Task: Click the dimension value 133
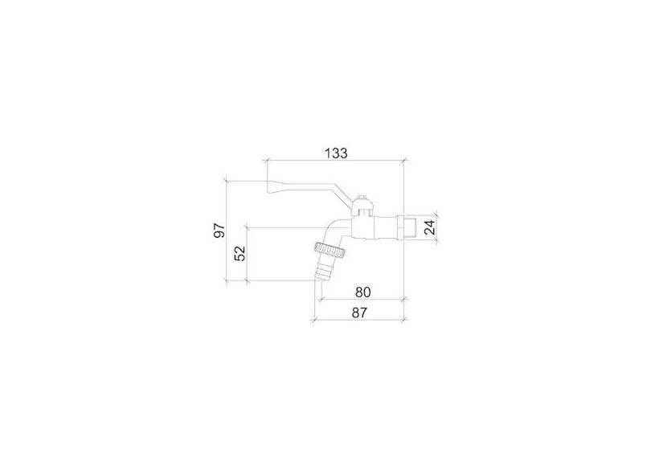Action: [336, 153]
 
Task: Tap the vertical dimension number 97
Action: [219, 231]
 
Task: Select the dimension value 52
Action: [240, 253]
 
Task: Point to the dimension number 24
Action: [431, 227]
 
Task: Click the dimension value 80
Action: [362, 292]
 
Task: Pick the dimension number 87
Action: [359, 313]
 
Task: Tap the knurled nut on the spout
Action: [330, 249]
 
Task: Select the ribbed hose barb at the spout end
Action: [323, 268]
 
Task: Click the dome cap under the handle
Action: [363, 205]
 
